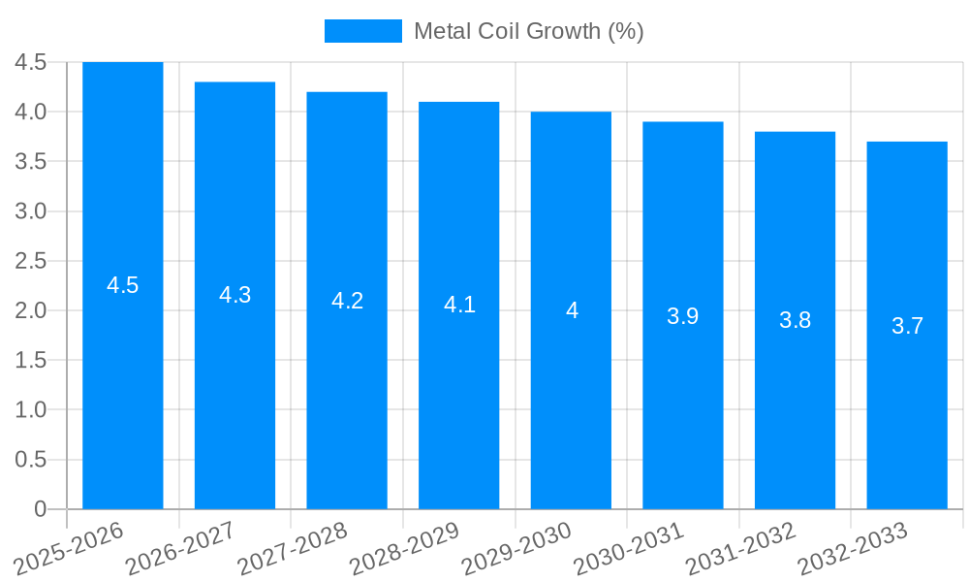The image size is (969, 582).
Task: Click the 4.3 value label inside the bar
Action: (235, 296)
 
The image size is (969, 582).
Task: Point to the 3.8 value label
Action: (795, 320)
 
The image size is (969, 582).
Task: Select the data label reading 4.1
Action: (459, 305)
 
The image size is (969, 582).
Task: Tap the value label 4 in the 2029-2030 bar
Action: (572, 310)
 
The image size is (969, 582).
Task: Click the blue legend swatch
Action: (362, 31)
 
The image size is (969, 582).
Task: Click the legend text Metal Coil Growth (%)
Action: (528, 31)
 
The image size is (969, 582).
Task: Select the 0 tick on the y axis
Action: (40, 509)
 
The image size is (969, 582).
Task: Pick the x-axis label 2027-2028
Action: (290, 549)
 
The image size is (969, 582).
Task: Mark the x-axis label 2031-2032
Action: (738, 549)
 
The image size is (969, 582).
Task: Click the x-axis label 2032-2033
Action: (850, 549)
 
